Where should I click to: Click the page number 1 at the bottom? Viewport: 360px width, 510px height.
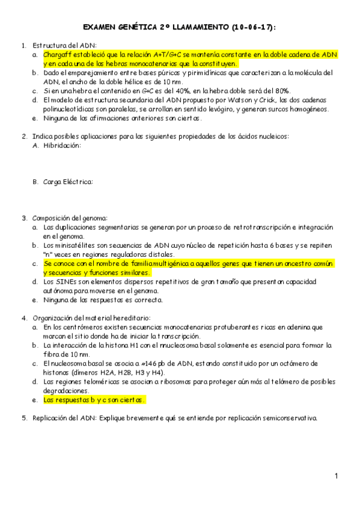point(337,476)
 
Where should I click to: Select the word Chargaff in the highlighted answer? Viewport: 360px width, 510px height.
point(58,55)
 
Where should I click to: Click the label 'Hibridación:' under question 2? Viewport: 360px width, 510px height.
point(62,146)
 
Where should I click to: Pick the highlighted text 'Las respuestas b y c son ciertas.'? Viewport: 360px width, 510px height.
point(94,399)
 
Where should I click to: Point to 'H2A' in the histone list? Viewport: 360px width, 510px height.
point(103,372)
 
